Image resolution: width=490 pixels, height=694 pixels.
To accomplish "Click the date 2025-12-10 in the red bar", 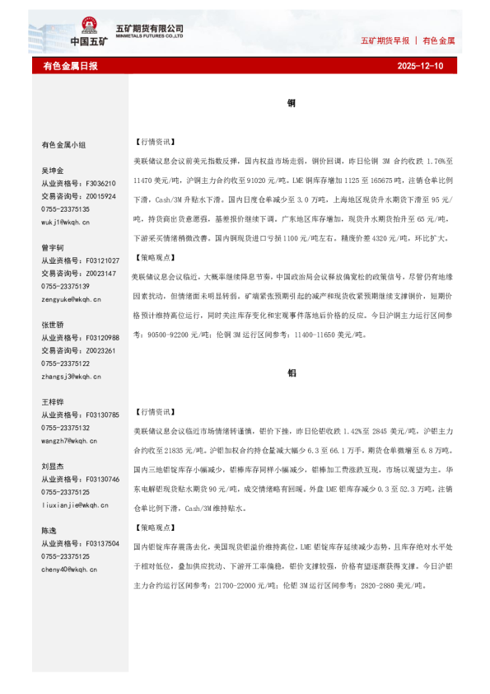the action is coord(420,65).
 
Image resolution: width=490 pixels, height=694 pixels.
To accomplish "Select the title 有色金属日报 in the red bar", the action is coord(70,65).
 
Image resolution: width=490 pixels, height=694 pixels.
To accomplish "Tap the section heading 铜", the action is coord(292,104).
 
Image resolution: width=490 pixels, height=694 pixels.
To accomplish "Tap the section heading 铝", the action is coord(292,373).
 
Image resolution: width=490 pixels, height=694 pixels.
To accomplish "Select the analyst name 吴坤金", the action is coord(53,171).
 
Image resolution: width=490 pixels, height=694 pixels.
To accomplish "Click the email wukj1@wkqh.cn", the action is coord(66,222).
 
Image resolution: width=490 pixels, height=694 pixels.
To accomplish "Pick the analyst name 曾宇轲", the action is coord(53,247).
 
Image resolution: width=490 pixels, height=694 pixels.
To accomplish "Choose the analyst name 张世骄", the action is coord(53,325).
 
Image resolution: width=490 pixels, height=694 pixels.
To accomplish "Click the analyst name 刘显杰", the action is coord(53,467).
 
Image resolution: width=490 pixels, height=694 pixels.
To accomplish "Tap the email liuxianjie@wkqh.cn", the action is coord(71,505).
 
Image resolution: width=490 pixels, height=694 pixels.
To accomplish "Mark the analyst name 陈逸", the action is coord(49,531).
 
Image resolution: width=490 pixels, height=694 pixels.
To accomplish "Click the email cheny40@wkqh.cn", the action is coord(68,570).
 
